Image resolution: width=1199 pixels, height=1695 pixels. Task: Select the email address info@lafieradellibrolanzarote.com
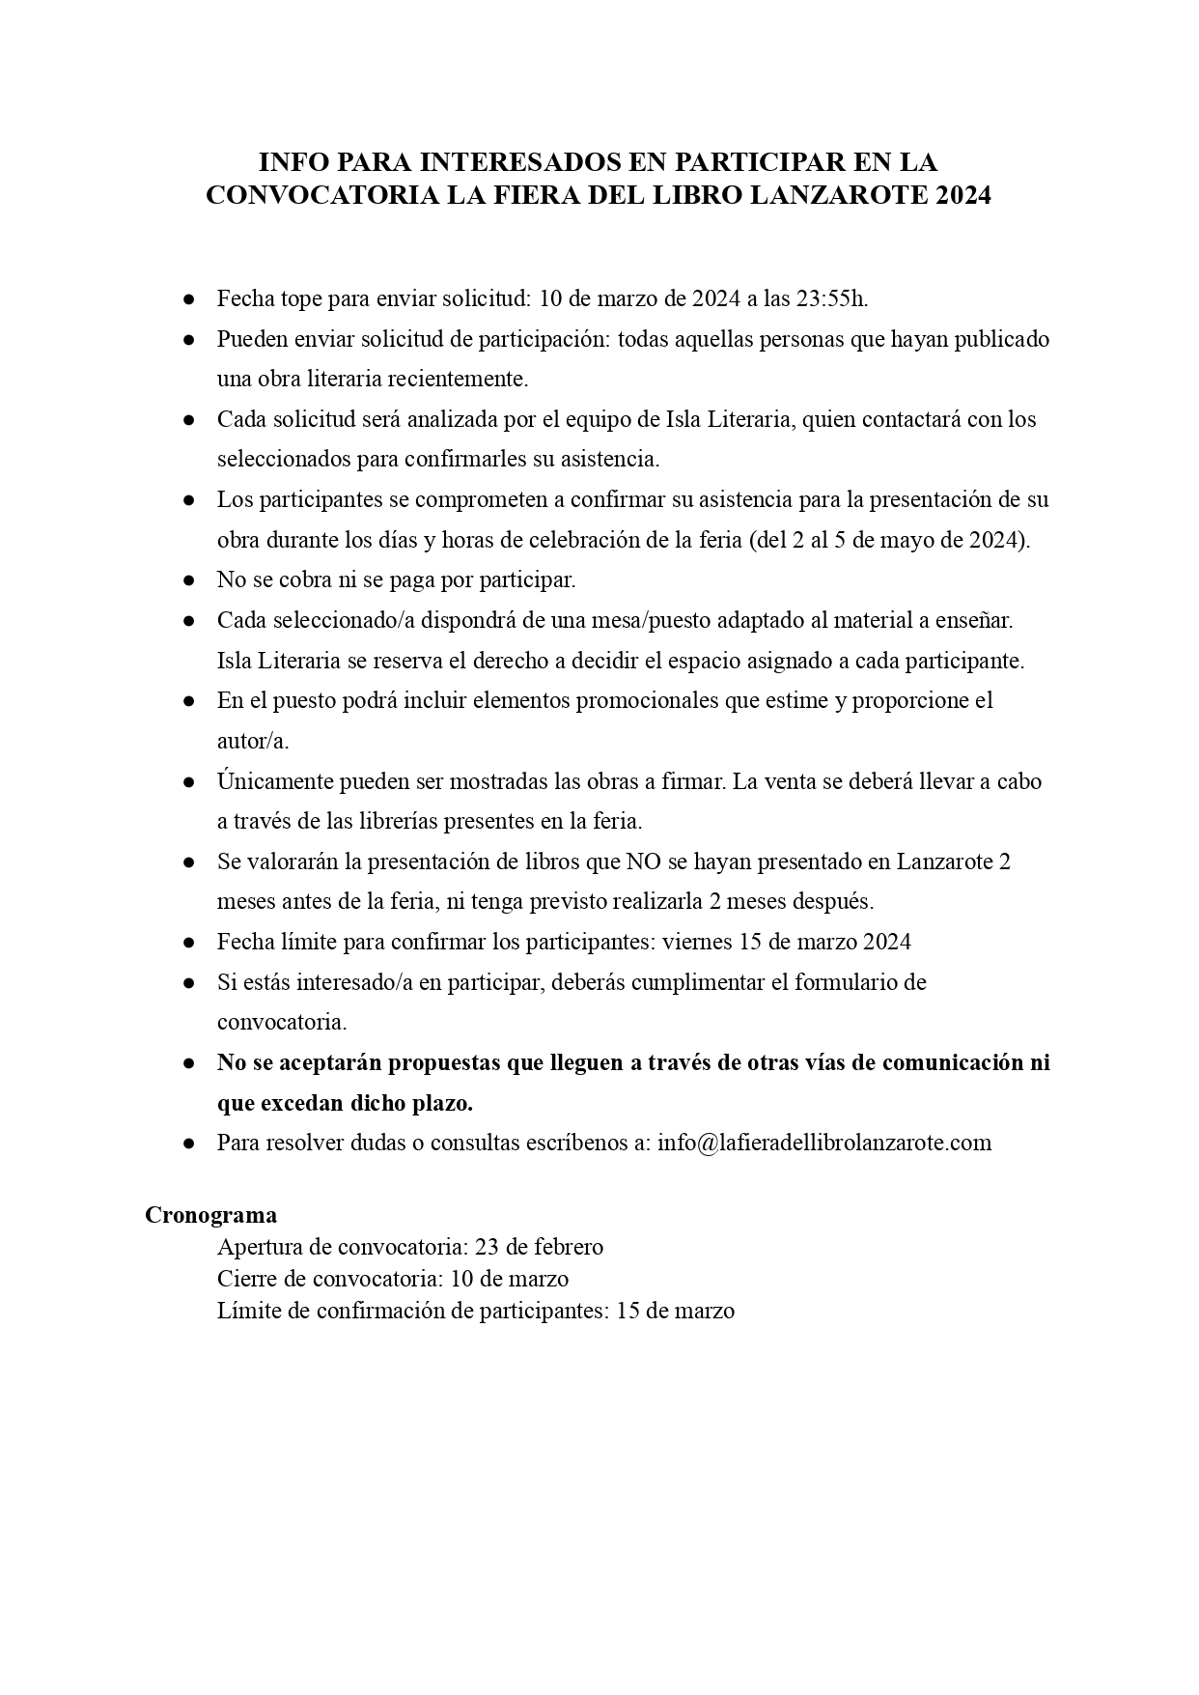[824, 1143]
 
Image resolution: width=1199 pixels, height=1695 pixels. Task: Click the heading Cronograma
[210, 1215]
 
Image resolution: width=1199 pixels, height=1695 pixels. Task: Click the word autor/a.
[253, 741]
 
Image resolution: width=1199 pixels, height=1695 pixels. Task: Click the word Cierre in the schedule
[246, 1279]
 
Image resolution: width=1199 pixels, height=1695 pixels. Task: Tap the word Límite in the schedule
[248, 1311]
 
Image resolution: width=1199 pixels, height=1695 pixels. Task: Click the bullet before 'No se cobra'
[190, 580]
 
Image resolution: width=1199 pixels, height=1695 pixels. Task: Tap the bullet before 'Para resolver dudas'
[190, 1143]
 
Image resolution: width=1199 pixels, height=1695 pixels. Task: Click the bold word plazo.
[443, 1103]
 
